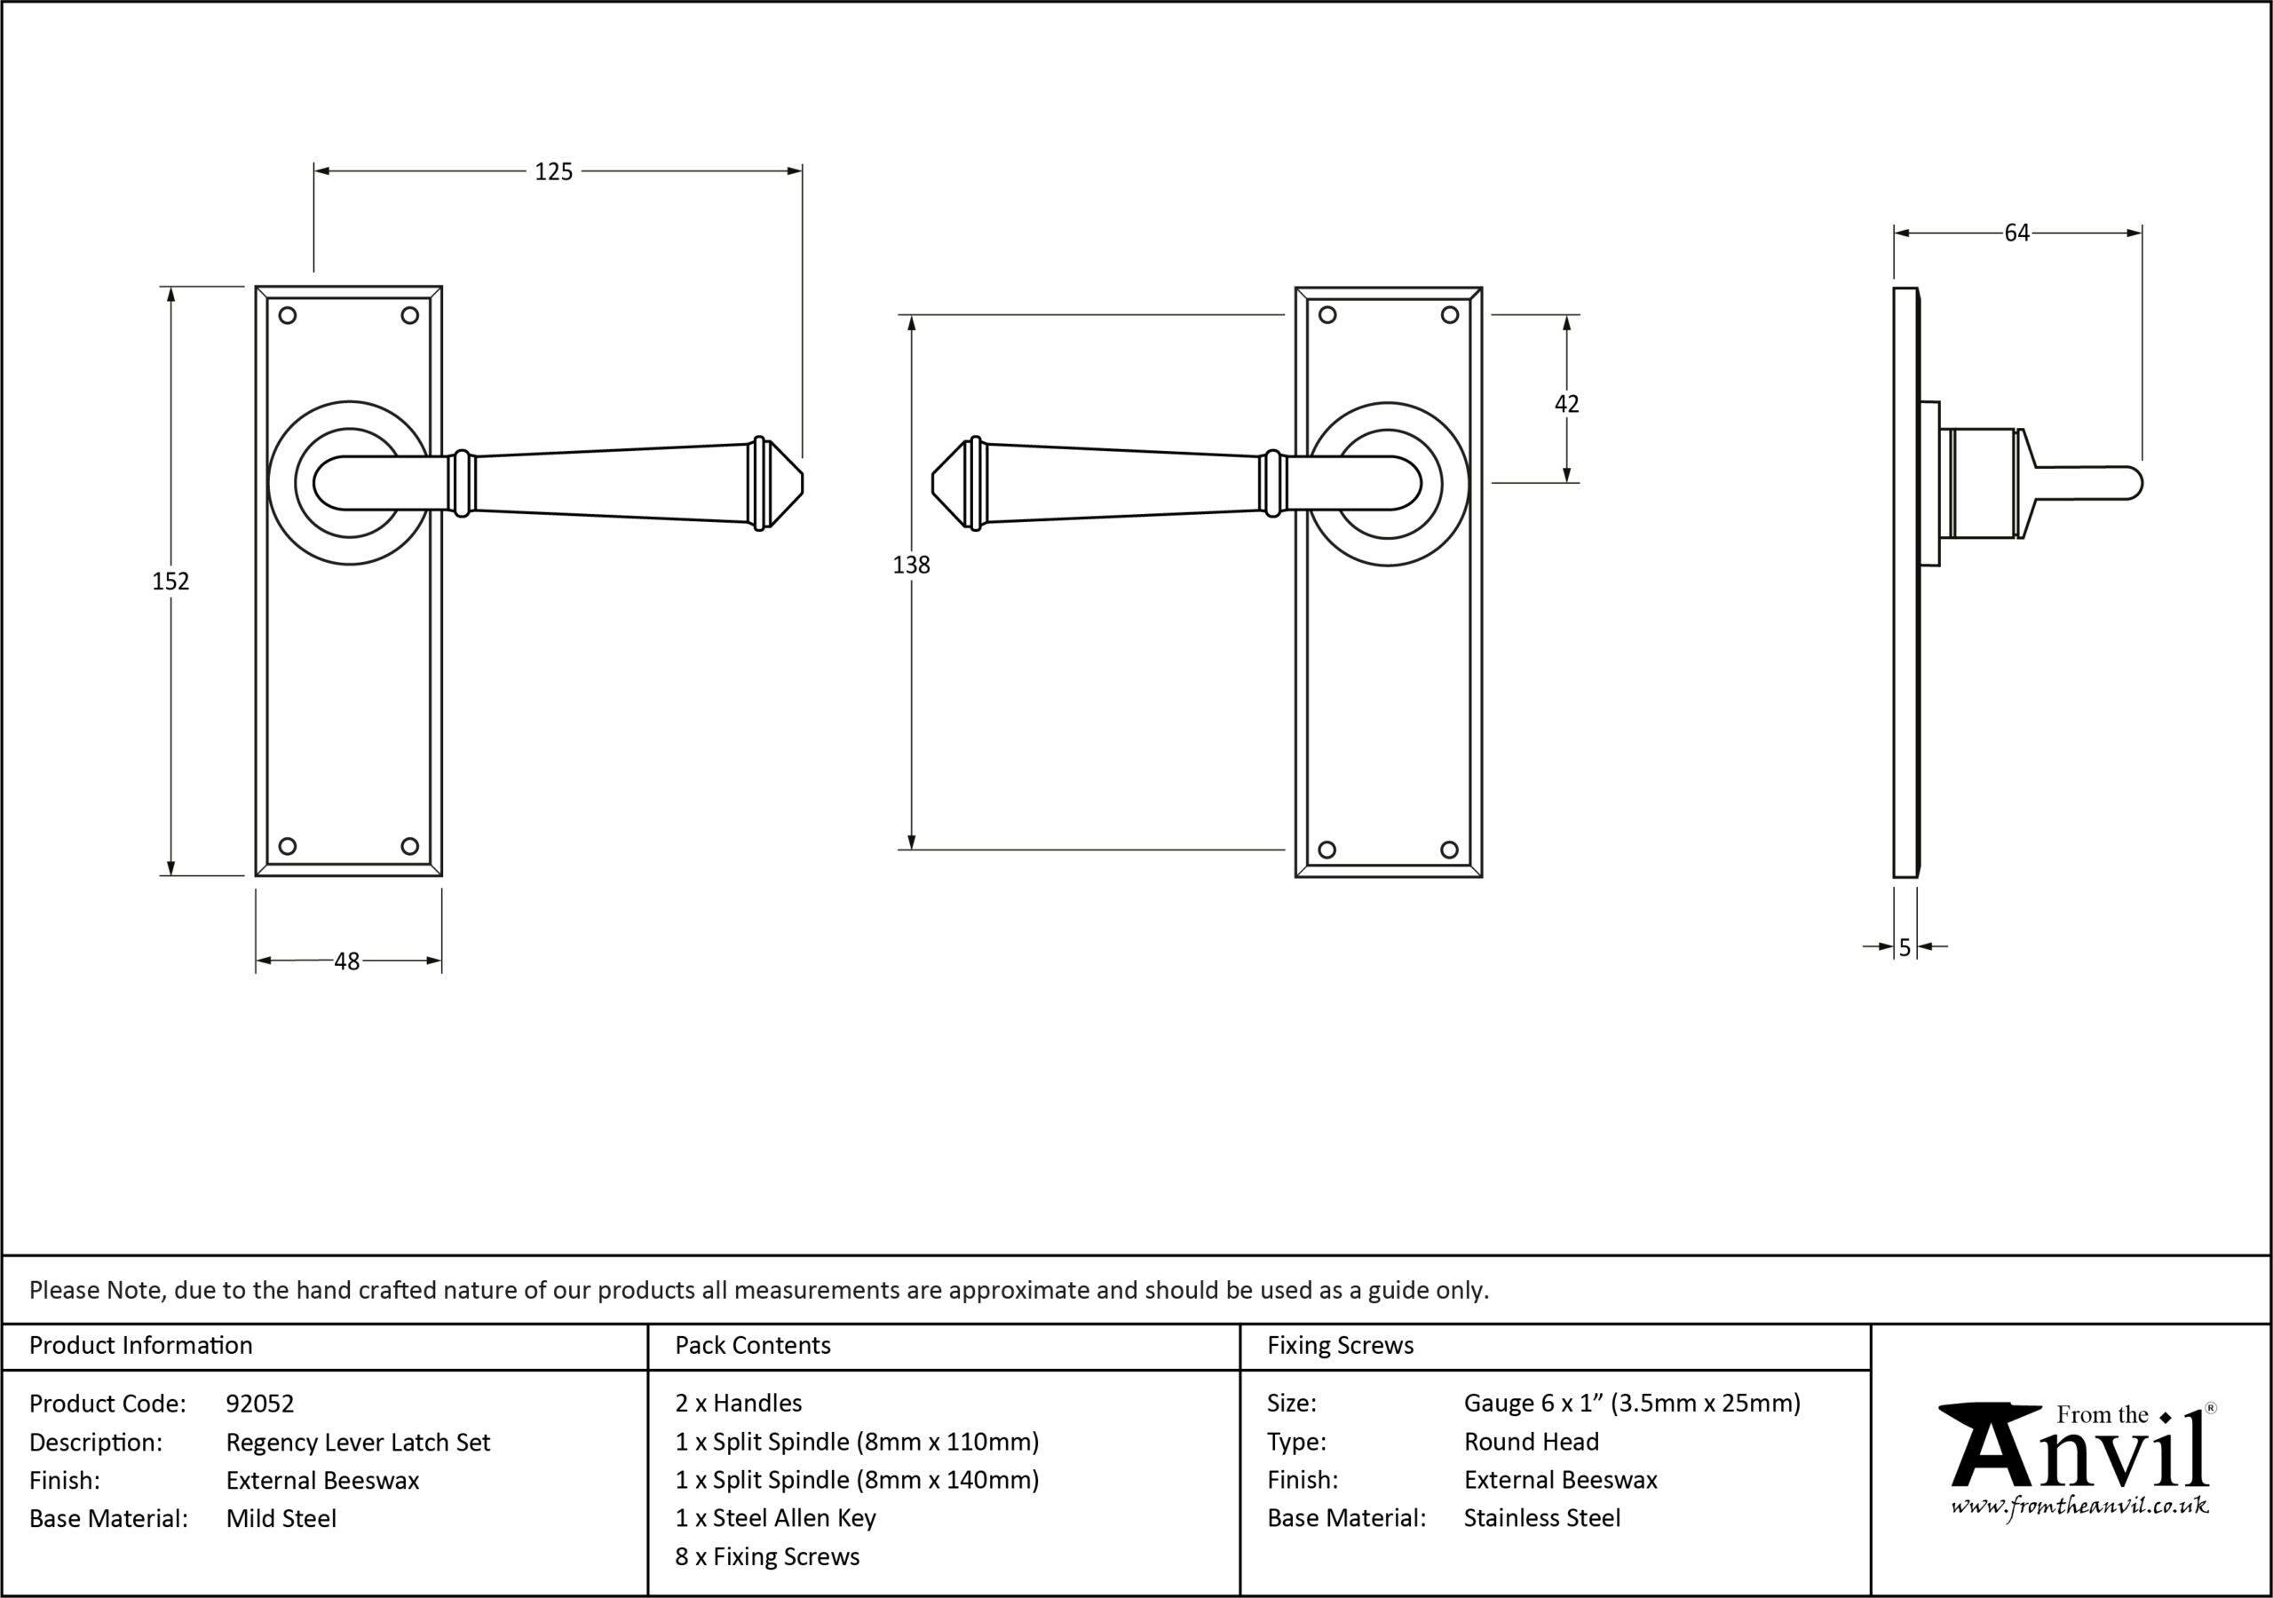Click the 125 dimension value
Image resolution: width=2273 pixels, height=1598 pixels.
(x=553, y=172)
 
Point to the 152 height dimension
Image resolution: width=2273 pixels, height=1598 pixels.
(x=170, y=581)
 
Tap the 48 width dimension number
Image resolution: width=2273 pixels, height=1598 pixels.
(x=346, y=961)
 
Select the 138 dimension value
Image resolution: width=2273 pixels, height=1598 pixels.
(x=911, y=566)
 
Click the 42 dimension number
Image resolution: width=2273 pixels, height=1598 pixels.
(x=1566, y=404)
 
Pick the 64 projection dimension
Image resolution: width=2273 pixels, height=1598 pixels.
(x=2016, y=233)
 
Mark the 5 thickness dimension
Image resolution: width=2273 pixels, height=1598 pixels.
(x=1905, y=947)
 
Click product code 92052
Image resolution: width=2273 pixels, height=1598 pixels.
(x=259, y=1403)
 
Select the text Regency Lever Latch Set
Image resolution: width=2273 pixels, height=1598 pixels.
(x=359, y=1443)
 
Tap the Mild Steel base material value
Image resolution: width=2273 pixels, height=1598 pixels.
(x=281, y=1518)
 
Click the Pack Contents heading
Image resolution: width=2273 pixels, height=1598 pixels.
(x=752, y=1346)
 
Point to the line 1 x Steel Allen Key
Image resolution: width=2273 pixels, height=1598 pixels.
(x=775, y=1518)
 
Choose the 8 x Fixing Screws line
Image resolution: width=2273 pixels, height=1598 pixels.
(x=767, y=1556)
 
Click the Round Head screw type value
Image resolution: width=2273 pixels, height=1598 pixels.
(x=1532, y=1442)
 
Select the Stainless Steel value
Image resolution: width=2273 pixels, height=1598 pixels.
(x=1542, y=1518)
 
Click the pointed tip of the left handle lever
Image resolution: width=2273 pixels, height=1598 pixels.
(x=803, y=484)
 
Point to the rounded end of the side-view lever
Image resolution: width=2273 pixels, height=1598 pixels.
(x=2137, y=484)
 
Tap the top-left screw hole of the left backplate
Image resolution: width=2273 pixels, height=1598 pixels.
(x=287, y=316)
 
